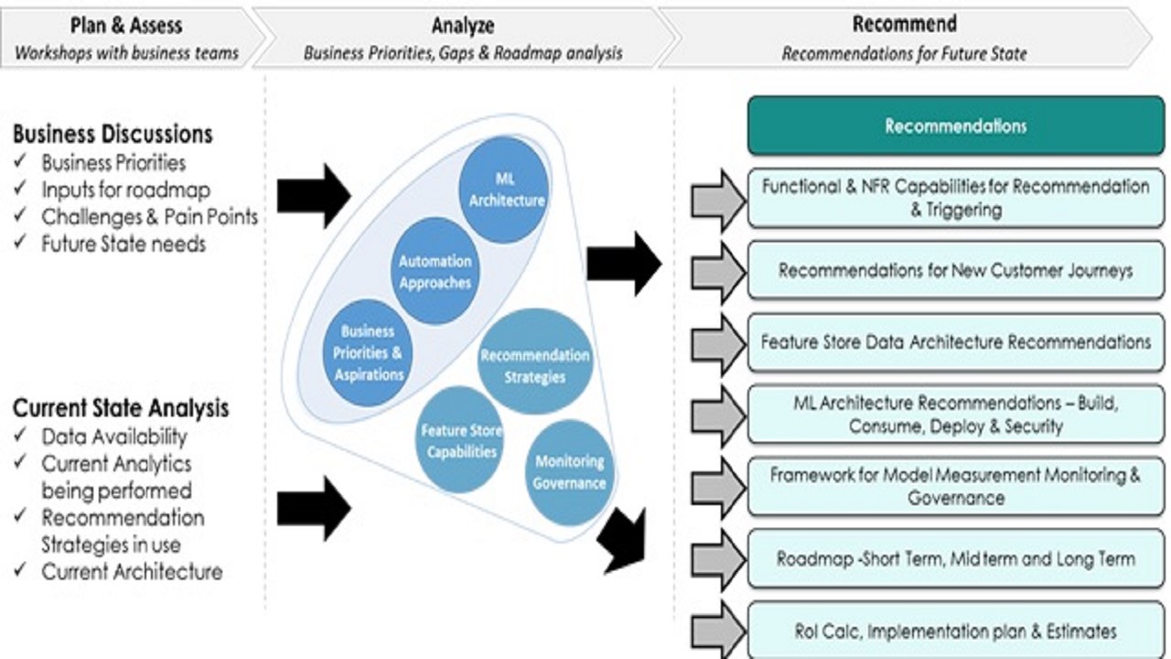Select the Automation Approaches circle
[x=435, y=272]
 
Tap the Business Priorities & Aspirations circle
[x=371, y=352]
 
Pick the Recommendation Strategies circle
[x=535, y=364]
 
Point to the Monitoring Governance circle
[x=569, y=472]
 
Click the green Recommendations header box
[x=955, y=126]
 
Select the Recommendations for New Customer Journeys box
[x=955, y=271]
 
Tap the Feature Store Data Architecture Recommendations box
[x=955, y=342]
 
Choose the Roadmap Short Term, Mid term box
[x=955, y=558]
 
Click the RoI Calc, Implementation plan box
[x=955, y=631]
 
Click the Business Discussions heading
[x=113, y=134]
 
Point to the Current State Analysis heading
[x=121, y=407]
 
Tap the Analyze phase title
[x=462, y=25]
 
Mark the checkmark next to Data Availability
[x=20, y=437]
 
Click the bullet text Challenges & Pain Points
[x=149, y=217]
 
